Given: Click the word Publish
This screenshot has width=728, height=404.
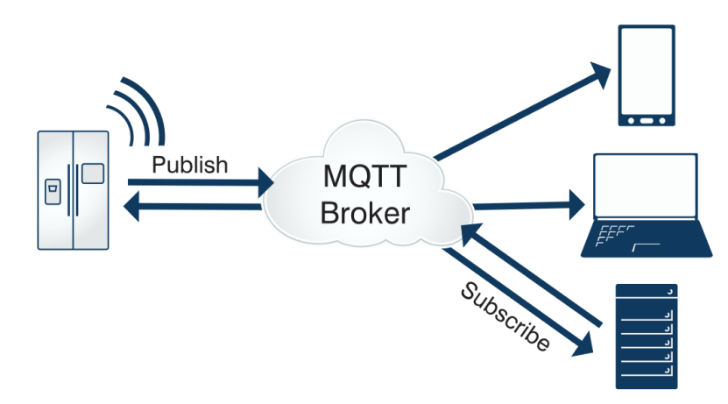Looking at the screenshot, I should [x=190, y=164].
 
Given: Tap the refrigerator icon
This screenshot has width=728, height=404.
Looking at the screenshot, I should [x=74, y=188].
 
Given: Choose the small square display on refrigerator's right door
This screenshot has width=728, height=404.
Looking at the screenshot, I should [x=92, y=173].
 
